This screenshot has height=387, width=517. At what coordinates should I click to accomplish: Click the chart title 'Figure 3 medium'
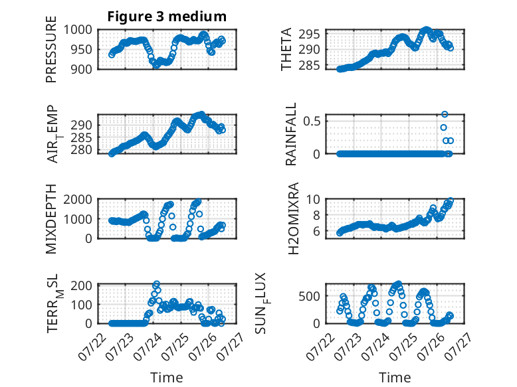[x=167, y=17]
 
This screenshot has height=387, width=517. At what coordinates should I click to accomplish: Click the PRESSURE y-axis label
[x=51, y=49]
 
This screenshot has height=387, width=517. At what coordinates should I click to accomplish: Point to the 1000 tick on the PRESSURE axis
[x=78, y=30]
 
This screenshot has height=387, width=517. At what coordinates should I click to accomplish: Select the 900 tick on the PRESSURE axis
[x=82, y=69]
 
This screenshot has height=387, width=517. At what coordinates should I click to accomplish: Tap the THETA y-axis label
[x=286, y=49]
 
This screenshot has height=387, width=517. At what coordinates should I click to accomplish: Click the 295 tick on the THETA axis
[x=309, y=34]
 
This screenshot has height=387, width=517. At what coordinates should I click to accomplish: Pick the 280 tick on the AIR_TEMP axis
[x=82, y=150]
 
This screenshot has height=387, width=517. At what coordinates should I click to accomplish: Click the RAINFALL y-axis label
[x=291, y=134]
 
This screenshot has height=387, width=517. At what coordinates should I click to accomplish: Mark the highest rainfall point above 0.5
[x=445, y=114]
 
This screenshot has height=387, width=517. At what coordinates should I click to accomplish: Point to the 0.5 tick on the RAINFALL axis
[x=312, y=121]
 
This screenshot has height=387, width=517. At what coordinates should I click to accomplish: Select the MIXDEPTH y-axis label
[x=51, y=219]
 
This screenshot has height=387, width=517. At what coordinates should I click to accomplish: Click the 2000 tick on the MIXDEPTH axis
[x=78, y=199]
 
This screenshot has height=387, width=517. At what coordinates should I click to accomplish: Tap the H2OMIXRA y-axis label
[x=293, y=218]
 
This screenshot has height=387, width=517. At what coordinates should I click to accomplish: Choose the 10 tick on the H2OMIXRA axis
[x=313, y=199]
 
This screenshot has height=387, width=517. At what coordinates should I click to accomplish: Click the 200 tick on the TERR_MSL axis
[x=82, y=285]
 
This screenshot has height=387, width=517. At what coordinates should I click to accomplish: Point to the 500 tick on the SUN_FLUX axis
[x=309, y=296]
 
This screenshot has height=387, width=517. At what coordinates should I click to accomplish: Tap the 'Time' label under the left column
[x=167, y=378]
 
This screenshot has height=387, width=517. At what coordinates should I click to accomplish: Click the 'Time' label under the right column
[x=395, y=378]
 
